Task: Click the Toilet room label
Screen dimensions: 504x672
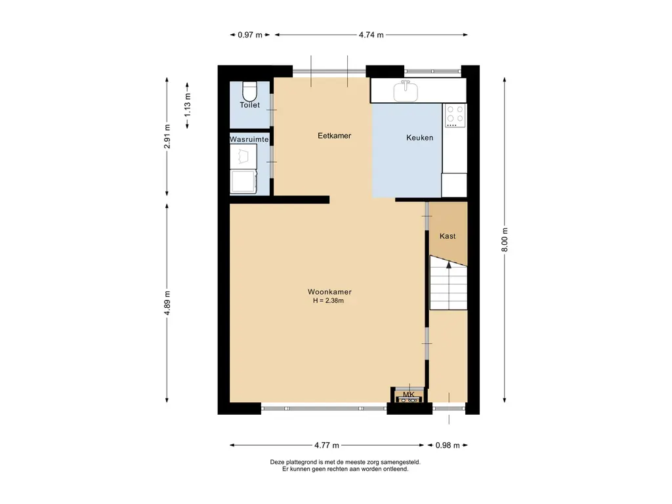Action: pyautogui.click(x=249, y=105)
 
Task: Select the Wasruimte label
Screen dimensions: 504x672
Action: pyautogui.click(x=249, y=140)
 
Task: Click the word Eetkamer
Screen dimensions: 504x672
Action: pyautogui.click(x=334, y=136)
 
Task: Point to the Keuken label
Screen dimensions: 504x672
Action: pyautogui.click(x=419, y=138)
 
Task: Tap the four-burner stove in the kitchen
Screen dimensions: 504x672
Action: pyautogui.click(x=455, y=116)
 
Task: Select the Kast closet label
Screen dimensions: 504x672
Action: pyautogui.click(x=448, y=236)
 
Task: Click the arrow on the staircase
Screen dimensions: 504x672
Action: pyautogui.click(x=449, y=265)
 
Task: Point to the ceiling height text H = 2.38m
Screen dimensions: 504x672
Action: pyautogui.click(x=329, y=301)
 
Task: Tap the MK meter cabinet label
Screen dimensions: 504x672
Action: pyautogui.click(x=409, y=394)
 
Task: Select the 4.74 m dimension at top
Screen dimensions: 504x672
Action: pyautogui.click(x=371, y=35)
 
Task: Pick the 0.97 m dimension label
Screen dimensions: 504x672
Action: pyautogui.click(x=249, y=35)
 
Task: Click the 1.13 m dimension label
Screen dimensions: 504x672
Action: pyautogui.click(x=187, y=104)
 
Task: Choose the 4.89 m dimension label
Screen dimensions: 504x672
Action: pyautogui.click(x=167, y=303)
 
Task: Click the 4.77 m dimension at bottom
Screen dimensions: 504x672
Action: pyautogui.click(x=326, y=446)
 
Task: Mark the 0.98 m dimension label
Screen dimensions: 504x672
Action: pyautogui.click(x=448, y=446)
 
